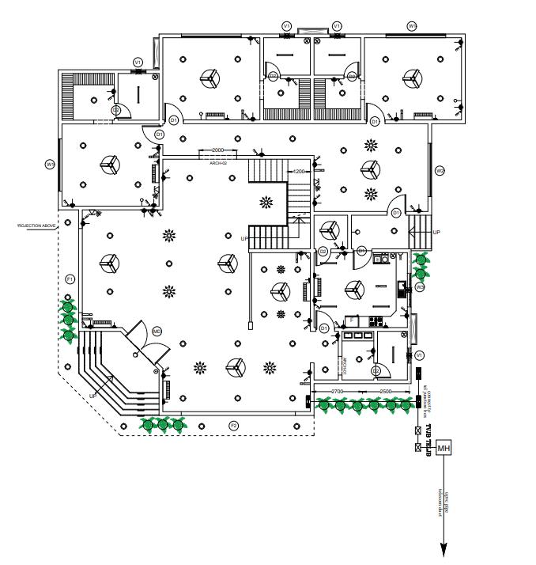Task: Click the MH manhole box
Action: point(444,449)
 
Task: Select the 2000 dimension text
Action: point(218,150)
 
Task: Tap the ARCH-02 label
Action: point(218,162)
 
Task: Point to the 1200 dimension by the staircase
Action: point(299,171)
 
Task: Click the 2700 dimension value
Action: point(336,392)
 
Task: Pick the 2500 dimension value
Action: point(386,392)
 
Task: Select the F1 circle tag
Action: point(70,279)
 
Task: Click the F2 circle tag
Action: point(233,426)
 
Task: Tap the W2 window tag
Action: point(440,170)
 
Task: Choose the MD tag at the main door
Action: point(157,331)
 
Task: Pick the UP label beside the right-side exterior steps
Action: point(436,232)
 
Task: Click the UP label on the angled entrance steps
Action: point(92,395)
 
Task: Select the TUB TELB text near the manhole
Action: point(430,439)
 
